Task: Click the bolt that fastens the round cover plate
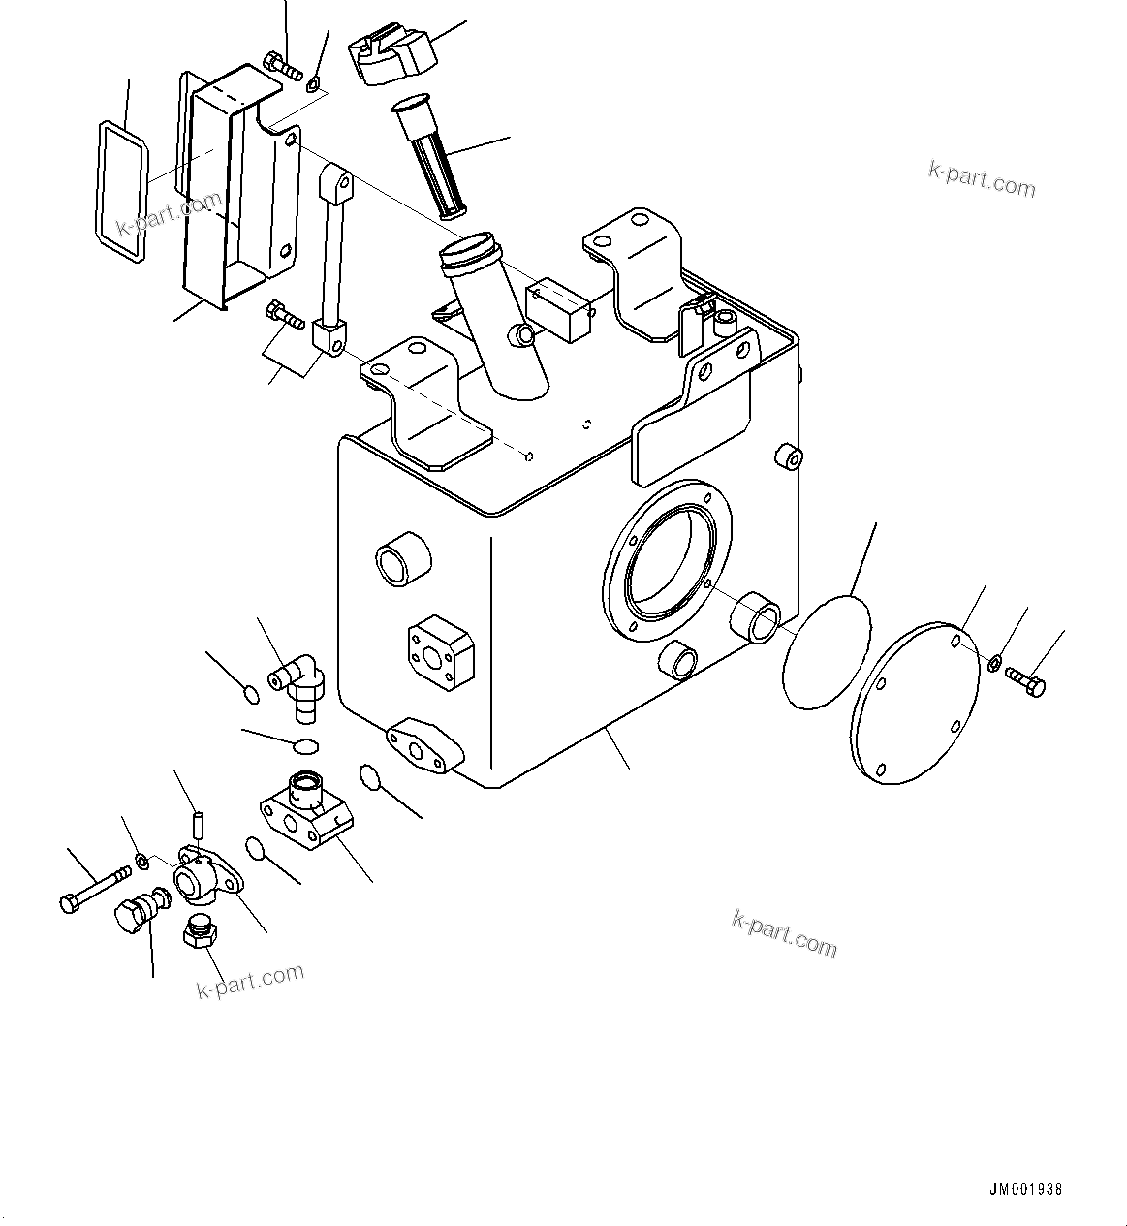pos(1025,680)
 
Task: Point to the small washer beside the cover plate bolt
pos(993,664)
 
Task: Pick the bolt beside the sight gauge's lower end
pos(282,314)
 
